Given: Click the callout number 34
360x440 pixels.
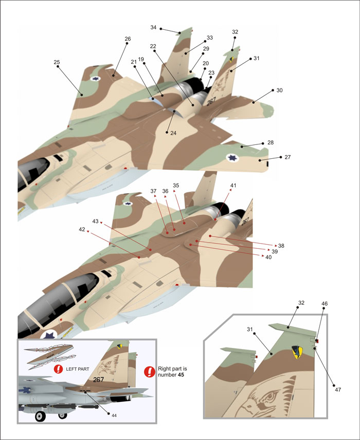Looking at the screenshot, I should pos(153,28).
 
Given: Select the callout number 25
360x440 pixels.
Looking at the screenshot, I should pos(57,62).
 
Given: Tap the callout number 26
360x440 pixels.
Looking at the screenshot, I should pos(128,39).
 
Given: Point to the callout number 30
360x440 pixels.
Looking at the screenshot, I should pos(279,90).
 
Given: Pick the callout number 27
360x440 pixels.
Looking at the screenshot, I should pos(287,157).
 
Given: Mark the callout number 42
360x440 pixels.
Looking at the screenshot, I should pos(82,229).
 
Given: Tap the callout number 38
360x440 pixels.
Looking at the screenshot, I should pos(281,246).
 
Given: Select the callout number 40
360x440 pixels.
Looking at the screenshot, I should pos(268,256).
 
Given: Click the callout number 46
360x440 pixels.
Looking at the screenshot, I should pos(324,304).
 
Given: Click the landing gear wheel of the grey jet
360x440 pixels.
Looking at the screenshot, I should pos(39,417).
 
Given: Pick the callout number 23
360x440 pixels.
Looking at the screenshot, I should pos(211,72).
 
